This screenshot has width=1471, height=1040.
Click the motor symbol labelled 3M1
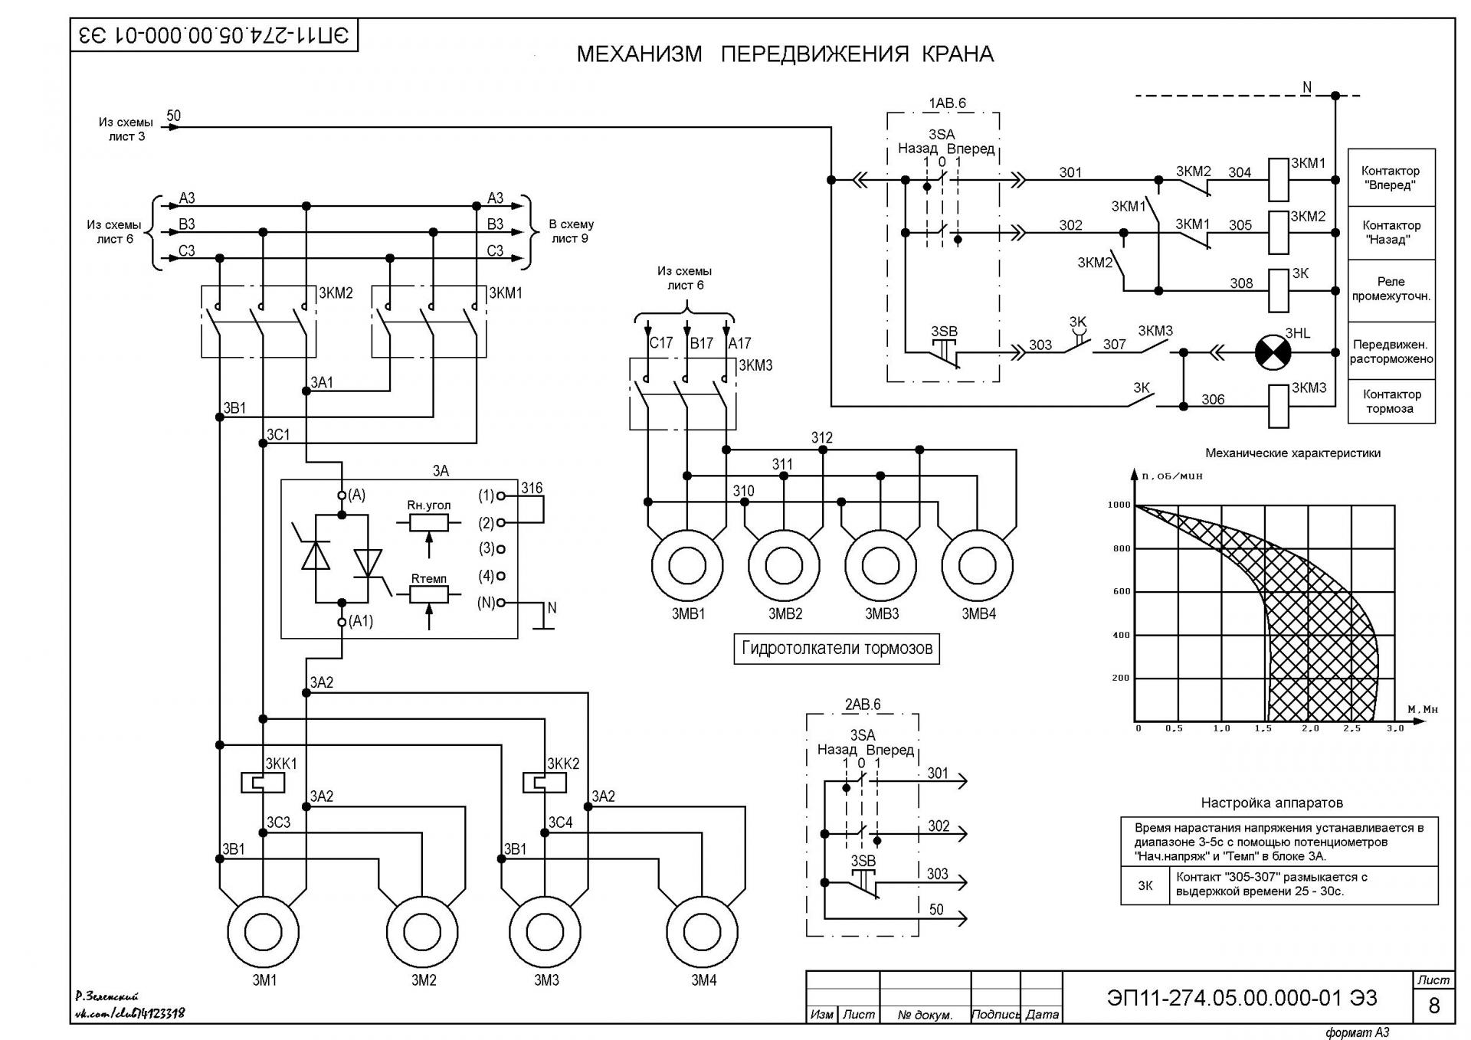[264, 932]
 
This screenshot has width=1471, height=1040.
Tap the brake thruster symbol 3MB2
[784, 566]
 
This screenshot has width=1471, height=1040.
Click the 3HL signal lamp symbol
[1273, 353]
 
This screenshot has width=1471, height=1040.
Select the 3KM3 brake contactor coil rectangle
[1279, 406]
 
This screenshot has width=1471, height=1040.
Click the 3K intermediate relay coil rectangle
[1279, 291]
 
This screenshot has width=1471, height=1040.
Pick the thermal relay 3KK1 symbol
[263, 782]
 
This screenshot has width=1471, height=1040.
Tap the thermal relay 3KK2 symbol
[545, 782]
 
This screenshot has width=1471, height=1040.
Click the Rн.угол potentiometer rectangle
[429, 522]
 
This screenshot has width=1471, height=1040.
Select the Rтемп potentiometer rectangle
[429, 594]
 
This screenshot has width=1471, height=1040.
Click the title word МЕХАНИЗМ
[639, 54]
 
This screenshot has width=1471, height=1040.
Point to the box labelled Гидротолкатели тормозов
[837, 649]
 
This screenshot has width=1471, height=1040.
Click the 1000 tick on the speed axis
[1119, 505]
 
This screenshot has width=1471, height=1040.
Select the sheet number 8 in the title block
[1434, 1005]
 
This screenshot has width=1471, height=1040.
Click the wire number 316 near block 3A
[532, 488]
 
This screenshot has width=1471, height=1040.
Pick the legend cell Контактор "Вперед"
[1391, 178]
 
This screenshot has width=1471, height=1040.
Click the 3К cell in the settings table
[1145, 885]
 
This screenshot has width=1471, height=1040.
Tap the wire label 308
[1241, 283]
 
